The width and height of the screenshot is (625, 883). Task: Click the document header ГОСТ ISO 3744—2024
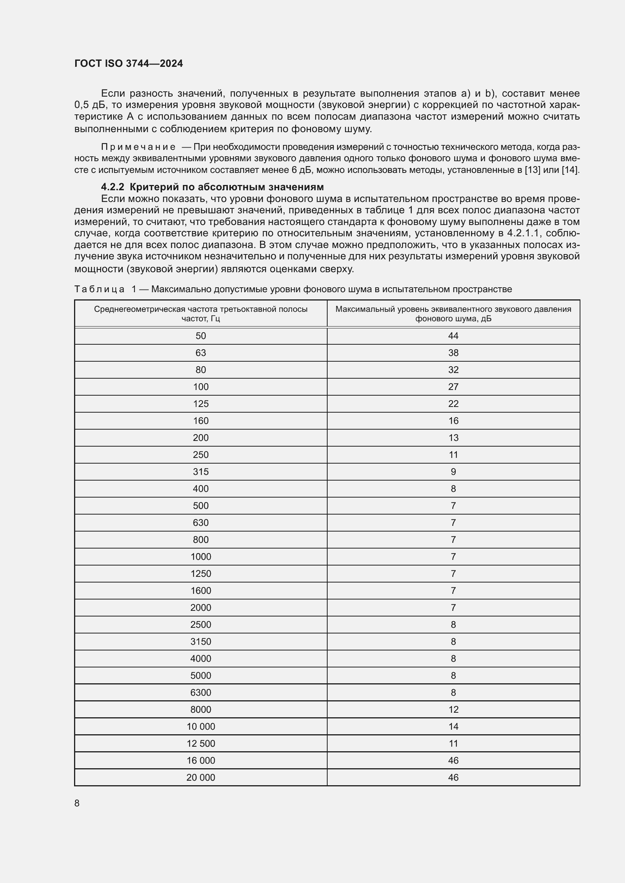click(128, 63)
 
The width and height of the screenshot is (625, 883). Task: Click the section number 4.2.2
click(112, 187)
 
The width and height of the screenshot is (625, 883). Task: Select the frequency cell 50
click(201, 336)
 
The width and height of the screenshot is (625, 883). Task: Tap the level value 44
click(453, 336)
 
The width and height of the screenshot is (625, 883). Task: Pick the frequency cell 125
click(201, 404)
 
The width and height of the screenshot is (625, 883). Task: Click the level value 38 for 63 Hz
click(453, 353)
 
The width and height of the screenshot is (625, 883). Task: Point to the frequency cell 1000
click(201, 556)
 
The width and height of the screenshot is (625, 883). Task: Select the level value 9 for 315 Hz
click(453, 472)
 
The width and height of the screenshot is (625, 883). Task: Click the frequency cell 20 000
click(201, 777)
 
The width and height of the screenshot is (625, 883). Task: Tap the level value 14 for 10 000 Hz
click(453, 726)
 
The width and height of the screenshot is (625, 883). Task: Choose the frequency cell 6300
click(201, 692)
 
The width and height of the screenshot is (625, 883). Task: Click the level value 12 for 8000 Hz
click(453, 710)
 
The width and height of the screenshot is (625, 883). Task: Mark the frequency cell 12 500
click(201, 743)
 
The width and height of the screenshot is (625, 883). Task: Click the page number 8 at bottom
click(77, 803)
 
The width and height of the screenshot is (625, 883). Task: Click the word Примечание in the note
click(138, 147)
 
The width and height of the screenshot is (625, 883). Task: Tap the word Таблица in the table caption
click(99, 289)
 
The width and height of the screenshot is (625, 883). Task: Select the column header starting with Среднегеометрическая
click(201, 314)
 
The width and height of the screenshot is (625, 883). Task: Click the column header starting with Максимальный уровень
click(453, 314)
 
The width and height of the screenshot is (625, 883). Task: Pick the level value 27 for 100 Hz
click(453, 387)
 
